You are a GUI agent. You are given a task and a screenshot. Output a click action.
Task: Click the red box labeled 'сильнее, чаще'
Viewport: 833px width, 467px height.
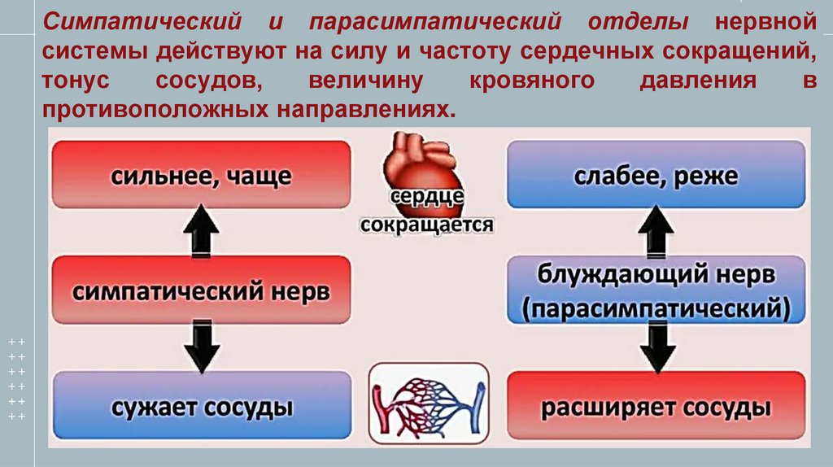coord(202,175)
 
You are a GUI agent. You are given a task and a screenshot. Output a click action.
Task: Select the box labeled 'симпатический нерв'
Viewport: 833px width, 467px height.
coord(202,290)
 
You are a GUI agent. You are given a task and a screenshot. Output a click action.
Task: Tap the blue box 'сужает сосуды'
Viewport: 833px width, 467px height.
coord(202,404)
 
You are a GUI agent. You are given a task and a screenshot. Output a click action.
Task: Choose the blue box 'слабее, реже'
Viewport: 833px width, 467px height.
coord(655,175)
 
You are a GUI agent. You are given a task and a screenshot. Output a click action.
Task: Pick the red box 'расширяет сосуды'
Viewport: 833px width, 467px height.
coord(655,404)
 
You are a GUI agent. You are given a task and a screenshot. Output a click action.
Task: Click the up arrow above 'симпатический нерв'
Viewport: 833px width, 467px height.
coord(200,232)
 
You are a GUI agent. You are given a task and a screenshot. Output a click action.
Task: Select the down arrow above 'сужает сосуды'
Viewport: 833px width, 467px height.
coord(200,346)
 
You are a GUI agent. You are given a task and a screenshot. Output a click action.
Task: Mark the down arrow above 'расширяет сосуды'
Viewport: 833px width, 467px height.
coord(656,347)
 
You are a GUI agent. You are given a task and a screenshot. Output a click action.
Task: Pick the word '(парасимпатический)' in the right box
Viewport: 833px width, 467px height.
coord(656,307)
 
